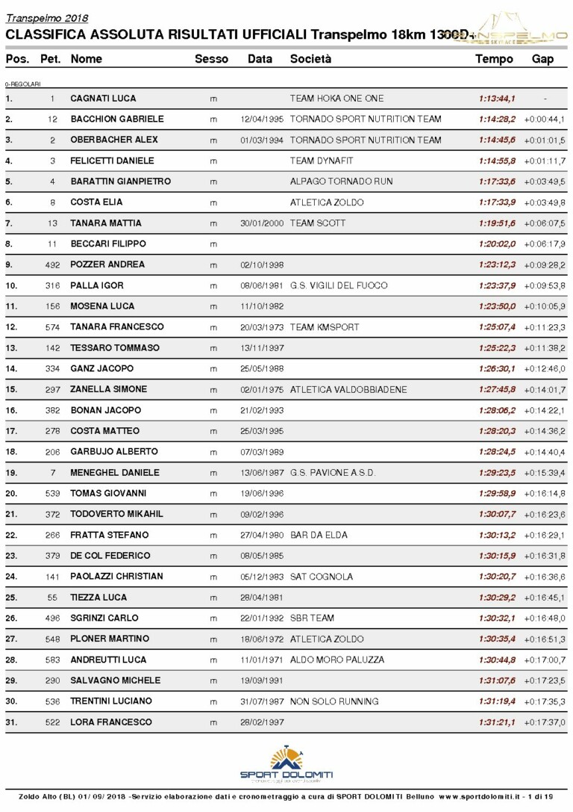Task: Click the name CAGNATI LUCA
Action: click(103, 99)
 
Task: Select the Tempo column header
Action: click(494, 59)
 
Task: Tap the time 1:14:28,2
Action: click(497, 120)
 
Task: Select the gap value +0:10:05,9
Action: click(544, 306)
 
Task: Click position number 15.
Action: click(10, 389)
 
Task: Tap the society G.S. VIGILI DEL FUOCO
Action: click(339, 285)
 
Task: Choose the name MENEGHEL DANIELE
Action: click(115, 473)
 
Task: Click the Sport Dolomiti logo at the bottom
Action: click(286, 763)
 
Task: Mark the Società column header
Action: click(310, 59)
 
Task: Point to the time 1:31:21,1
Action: click(497, 722)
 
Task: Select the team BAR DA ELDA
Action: click(319, 535)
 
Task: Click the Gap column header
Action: click(542, 59)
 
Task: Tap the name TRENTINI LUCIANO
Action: click(111, 701)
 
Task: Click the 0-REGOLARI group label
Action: click(23, 84)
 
